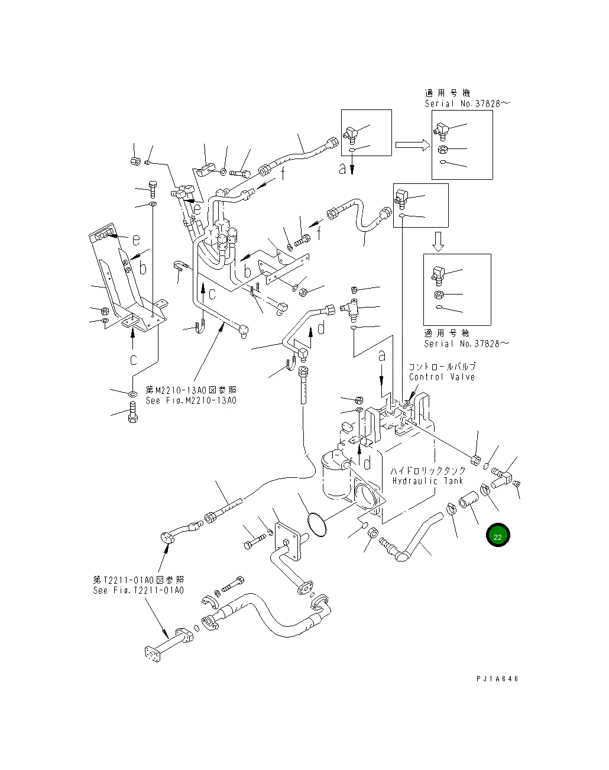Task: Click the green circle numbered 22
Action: click(x=498, y=536)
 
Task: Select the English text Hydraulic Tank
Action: click(x=423, y=481)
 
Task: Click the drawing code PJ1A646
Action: click(x=497, y=679)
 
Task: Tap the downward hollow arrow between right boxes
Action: click(x=438, y=240)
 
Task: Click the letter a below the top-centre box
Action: click(x=342, y=169)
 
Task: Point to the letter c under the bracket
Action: click(x=134, y=359)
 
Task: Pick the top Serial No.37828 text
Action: click(x=467, y=103)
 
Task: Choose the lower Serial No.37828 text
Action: click(x=466, y=344)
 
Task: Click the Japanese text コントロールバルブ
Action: click(x=442, y=367)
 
